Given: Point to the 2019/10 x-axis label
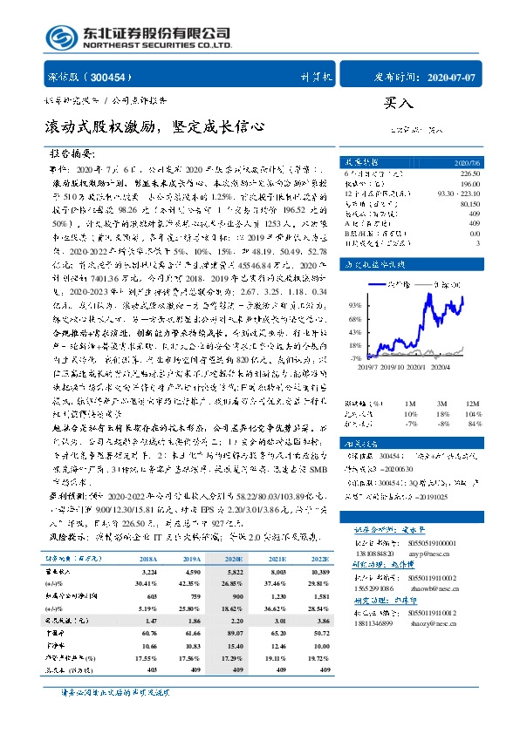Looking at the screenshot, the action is [x=396, y=367].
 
